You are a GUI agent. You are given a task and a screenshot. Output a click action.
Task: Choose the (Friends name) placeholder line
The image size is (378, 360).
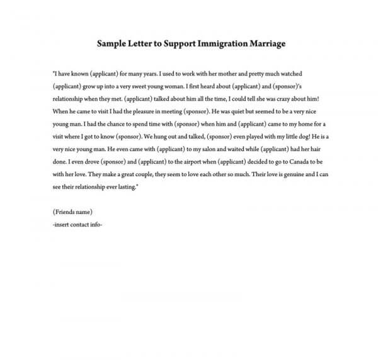click(73, 211)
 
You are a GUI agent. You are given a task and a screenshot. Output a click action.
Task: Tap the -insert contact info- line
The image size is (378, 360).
click(77, 223)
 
